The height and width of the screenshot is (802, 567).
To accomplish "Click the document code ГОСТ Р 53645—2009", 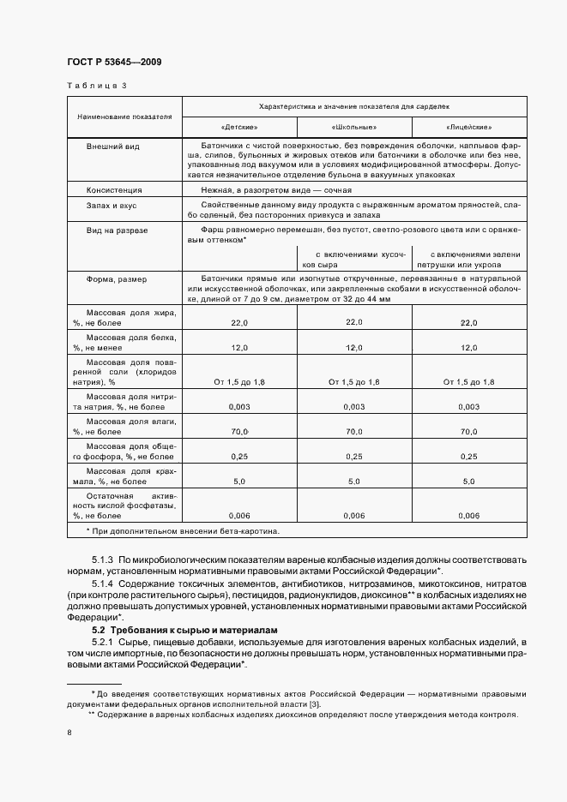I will point(114,62).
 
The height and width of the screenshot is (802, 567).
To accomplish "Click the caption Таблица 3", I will point(97,86).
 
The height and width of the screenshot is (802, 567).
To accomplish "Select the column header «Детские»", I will point(238,126).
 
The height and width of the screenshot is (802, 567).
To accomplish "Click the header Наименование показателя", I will point(124,116).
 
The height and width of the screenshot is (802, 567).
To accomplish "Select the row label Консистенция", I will point(114,189).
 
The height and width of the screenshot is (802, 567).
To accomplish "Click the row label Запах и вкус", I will point(112,206).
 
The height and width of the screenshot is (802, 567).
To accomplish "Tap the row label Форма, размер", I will point(116,279).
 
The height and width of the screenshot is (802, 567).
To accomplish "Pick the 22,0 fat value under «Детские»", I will point(238,323).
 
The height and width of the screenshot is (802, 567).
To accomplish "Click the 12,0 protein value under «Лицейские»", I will point(468,349).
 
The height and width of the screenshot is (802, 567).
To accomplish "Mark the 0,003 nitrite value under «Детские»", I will point(238,407).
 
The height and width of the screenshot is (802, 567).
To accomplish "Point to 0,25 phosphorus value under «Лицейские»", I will point(468,458).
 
